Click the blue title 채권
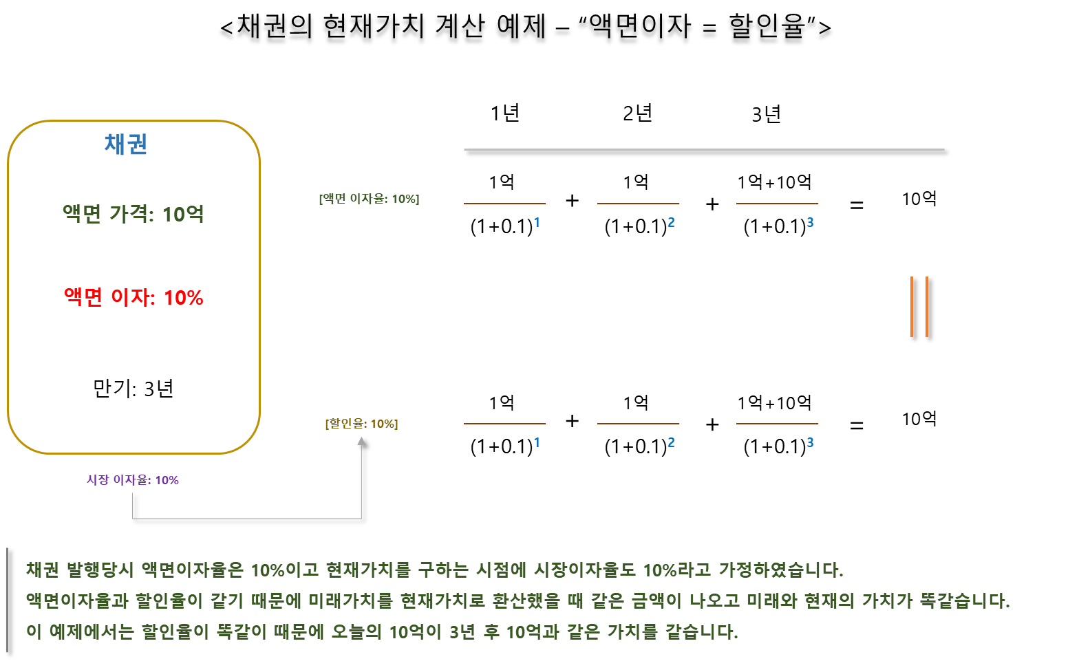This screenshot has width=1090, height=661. pos(126,144)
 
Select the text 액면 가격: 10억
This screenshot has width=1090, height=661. pos(133,214)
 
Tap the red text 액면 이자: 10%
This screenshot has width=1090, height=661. pos(133,297)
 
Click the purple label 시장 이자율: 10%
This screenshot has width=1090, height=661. pos(132,480)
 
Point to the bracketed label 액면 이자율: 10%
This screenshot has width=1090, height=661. pos(369,199)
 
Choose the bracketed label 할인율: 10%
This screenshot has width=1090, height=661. pos(361,424)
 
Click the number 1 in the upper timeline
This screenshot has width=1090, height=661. pos(537,222)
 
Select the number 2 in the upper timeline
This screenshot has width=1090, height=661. pos(671,222)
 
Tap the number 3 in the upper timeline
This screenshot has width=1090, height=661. pos(810,222)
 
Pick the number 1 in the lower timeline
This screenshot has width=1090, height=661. pos(537,442)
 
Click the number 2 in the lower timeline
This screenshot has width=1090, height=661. pos(671,442)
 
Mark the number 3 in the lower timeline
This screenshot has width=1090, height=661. pos(810,442)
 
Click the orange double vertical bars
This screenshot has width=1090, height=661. pos(919,307)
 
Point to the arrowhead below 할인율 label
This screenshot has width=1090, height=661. pos(361,441)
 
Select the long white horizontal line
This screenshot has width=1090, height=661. pos(703,149)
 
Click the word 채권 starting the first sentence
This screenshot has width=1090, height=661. pos(43,570)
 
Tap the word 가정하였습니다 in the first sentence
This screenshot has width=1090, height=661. pos(780,570)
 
